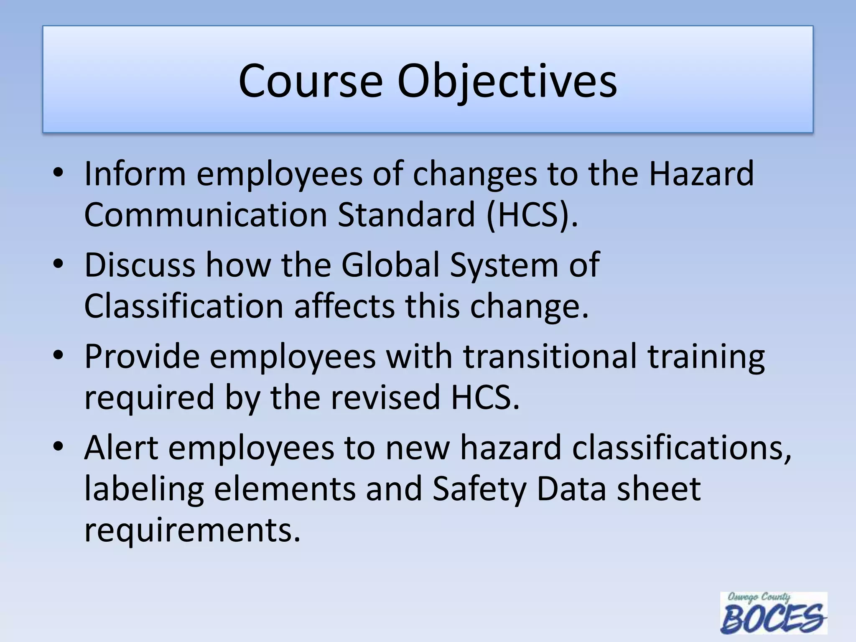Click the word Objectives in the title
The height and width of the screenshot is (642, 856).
(x=507, y=82)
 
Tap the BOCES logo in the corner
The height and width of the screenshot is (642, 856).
(x=773, y=613)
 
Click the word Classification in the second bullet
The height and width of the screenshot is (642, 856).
(x=184, y=306)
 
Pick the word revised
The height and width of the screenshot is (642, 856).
(x=385, y=397)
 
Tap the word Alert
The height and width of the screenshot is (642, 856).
(x=121, y=447)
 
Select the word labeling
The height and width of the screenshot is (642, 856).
(x=144, y=489)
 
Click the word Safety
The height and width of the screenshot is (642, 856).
(x=479, y=489)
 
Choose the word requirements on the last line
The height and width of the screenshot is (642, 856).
(x=192, y=530)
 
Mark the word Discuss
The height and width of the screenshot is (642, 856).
(x=140, y=265)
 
